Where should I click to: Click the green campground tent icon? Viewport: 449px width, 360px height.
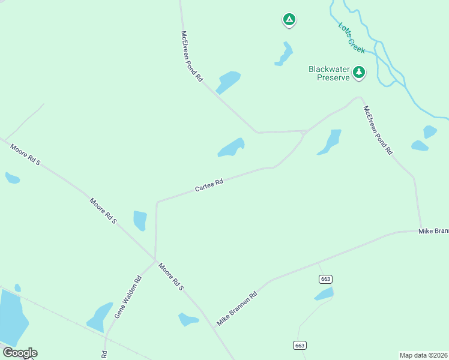(x=289, y=20)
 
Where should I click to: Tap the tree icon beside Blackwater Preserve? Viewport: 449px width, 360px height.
(x=359, y=73)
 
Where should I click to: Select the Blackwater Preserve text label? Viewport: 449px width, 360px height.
(x=329, y=73)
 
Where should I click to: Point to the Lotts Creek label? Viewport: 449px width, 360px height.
(x=351, y=38)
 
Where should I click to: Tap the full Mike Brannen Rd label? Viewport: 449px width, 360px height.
(x=237, y=308)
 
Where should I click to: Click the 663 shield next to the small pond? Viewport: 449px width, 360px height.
(x=326, y=279)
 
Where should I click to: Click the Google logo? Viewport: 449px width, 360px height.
(x=20, y=353)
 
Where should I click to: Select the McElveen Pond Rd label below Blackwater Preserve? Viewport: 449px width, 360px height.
(x=378, y=130)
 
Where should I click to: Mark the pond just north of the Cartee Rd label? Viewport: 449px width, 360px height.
(x=231, y=148)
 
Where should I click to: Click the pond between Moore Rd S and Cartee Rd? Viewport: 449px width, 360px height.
(x=140, y=220)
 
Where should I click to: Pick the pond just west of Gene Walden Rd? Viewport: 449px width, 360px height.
(x=100, y=317)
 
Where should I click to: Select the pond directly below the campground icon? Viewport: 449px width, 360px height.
(x=284, y=54)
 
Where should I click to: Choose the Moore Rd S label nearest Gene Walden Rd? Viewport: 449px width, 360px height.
(x=170, y=277)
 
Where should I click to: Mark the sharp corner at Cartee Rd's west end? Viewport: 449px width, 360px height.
(x=157, y=202)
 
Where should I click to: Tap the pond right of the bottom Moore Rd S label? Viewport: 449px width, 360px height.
(x=188, y=320)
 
